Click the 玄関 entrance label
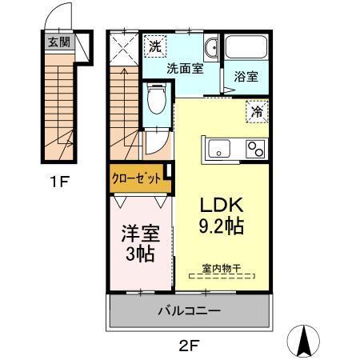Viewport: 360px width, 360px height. [x=58, y=42]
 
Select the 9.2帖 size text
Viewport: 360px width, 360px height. [x=222, y=226]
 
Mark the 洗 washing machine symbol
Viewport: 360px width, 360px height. [x=155, y=47]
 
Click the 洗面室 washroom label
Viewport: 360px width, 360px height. [x=184, y=69]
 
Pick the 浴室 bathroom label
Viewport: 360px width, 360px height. [x=245, y=78]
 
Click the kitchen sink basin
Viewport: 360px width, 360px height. [x=217, y=149]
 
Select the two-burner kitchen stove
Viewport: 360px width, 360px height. [x=255, y=149]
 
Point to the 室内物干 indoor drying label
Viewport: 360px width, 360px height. [x=221, y=270]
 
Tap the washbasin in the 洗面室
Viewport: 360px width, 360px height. [x=211, y=49]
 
